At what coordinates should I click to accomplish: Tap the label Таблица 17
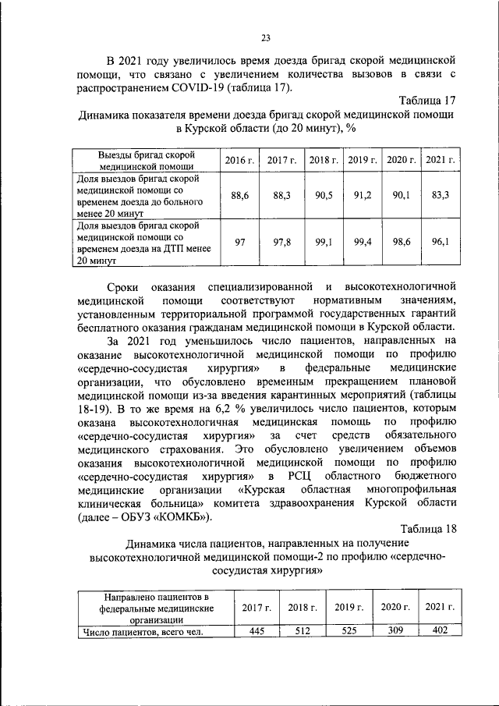click(426, 101)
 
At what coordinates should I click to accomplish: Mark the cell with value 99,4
click(362, 243)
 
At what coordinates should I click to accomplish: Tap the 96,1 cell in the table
click(440, 243)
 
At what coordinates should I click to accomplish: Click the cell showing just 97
click(240, 243)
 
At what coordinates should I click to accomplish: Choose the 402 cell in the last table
click(440, 632)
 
